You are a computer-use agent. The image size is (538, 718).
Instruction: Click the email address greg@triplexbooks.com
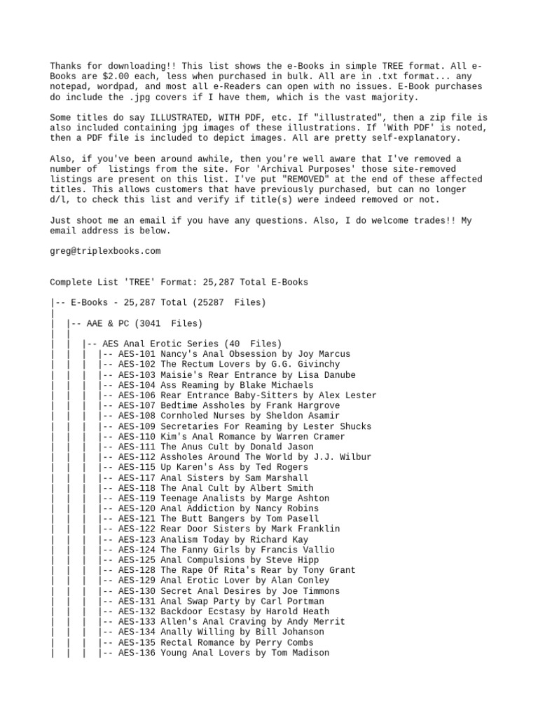(x=105, y=251)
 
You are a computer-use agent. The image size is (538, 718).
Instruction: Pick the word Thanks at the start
(x=65, y=66)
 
